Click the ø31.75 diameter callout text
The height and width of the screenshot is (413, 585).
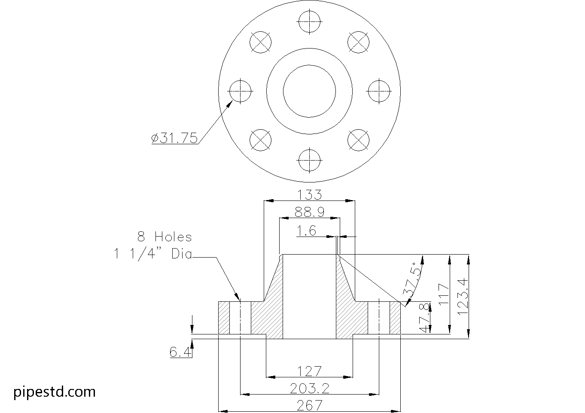(174, 138)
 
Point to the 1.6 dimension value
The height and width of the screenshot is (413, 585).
(306, 231)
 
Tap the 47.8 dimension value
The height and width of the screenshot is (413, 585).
(424, 318)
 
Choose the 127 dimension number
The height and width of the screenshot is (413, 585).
(309, 370)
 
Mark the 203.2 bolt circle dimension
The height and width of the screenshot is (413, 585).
(309, 388)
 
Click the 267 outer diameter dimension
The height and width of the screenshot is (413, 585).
(309, 405)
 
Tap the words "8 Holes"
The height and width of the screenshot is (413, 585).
(165, 237)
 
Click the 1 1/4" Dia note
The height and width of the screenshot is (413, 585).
(152, 254)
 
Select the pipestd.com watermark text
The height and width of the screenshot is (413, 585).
(55, 392)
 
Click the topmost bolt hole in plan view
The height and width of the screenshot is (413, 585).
(309, 20)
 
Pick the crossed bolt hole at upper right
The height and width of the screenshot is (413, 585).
(358, 42)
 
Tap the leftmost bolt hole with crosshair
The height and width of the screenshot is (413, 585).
(240, 91)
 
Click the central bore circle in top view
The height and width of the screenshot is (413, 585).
(309, 91)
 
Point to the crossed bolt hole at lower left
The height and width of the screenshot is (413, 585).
(260, 140)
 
